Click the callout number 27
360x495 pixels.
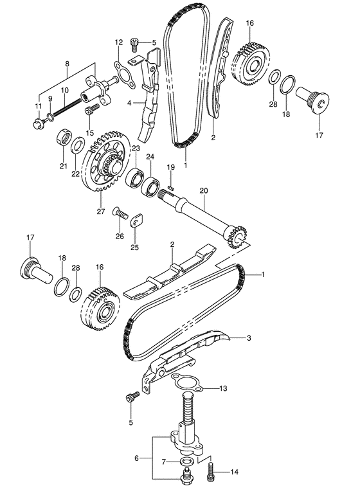(101, 212)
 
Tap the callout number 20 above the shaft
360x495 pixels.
(204, 190)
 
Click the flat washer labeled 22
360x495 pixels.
(77, 144)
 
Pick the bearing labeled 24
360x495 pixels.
(150, 188)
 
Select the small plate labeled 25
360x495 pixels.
(136, 220)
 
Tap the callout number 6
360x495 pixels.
(136, 458)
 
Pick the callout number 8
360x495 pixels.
(67, 64)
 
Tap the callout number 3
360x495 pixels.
(249, 338)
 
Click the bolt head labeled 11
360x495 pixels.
(38, 123)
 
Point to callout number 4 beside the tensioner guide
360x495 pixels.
(129, 102)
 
